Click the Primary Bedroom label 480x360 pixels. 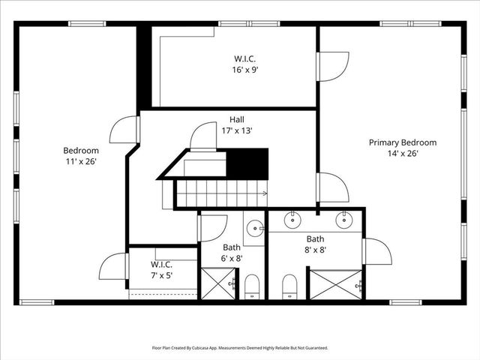402,142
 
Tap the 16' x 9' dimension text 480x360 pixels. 245,70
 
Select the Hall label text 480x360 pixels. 236,119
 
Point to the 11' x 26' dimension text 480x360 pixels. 80,160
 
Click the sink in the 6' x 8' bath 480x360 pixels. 254,227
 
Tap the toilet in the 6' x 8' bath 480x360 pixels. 252,286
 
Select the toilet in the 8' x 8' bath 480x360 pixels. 289,286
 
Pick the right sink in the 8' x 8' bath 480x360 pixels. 344,220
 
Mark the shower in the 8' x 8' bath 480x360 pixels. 335,285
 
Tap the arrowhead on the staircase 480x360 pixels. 264,193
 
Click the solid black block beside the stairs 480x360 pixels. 247,163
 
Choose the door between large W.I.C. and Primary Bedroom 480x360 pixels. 333,66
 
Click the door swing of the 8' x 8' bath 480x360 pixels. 376,252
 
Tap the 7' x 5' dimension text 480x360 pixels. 161,274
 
